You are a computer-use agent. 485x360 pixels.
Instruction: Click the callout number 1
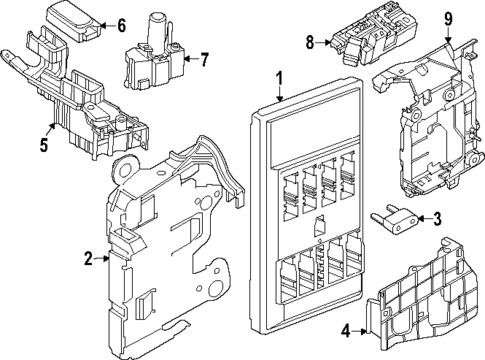(x=281, y=79)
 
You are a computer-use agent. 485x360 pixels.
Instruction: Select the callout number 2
(x=89, y=259)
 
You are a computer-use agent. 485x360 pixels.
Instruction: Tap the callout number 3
(x=437, y=220)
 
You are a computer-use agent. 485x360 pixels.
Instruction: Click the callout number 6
(x=121, y=25)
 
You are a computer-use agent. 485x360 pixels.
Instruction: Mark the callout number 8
(x=310, y=42)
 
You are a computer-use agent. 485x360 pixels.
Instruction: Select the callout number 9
(x=448, y=19)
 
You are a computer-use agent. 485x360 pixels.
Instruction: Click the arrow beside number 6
(x=107, y=26)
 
